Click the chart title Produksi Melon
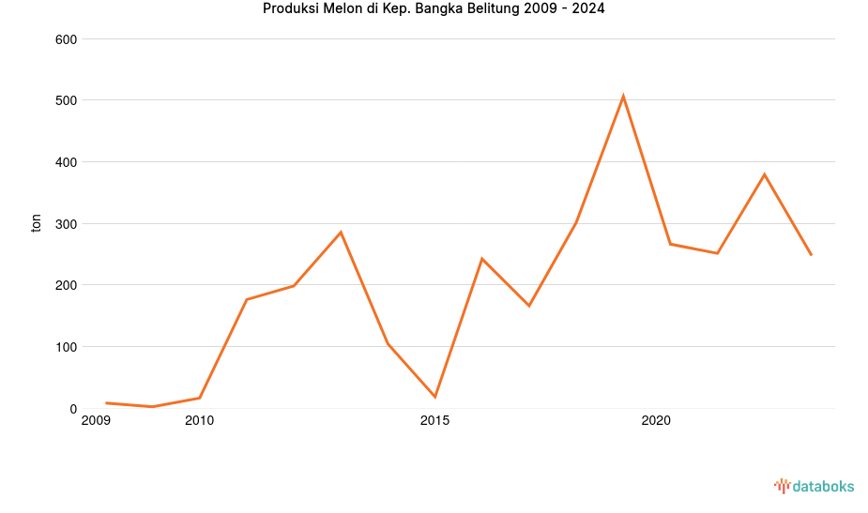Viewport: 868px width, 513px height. click(434, 9)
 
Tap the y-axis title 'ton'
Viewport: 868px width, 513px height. click(37, 223)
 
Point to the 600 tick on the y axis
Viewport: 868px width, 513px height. click(66, 39)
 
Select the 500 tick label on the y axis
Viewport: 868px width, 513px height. click(66, 100)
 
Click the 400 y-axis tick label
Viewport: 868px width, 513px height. click(66, 162)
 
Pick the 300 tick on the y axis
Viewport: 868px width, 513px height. click(66, 224)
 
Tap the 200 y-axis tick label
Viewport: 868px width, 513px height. click(66, 285)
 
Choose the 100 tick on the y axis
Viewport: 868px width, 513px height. click(66, 347)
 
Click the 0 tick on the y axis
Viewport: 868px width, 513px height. click(72, 409)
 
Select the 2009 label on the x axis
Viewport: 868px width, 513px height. click(97, 421)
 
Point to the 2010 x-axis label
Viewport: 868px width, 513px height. click(199, 421)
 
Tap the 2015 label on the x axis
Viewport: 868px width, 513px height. click(434, 421)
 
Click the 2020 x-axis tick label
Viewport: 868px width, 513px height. click(655, 421)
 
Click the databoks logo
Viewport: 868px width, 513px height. click(814, 486)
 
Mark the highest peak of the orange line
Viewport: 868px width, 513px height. click(623, 96)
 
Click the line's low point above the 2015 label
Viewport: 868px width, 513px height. click(434, 397)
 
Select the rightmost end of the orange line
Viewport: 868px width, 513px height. click(811, 254)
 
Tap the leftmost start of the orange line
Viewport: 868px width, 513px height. click(106, 402)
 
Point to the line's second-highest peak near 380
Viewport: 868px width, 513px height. click(764, 174)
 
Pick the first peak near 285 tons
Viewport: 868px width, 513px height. click(341, 232)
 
